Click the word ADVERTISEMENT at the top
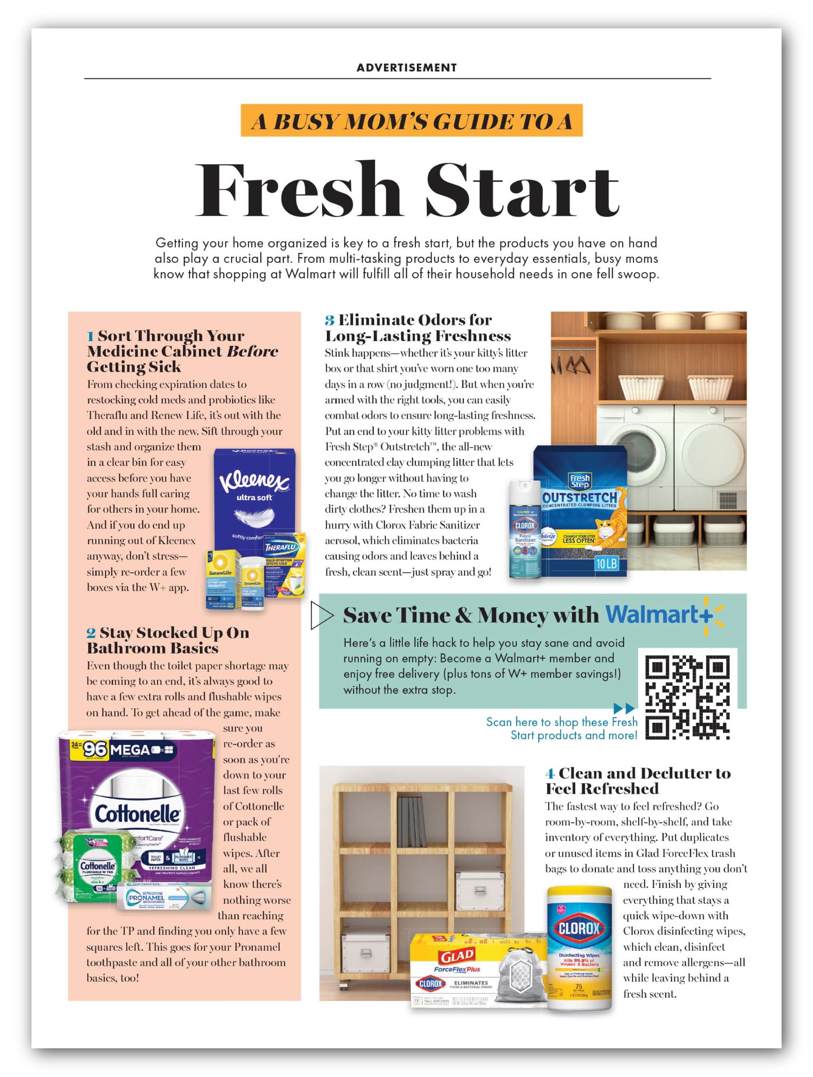(x=406, y=68)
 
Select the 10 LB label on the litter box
(x=606, y=563)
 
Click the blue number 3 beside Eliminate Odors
(x=329, y=321)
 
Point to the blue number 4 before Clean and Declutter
(x=550, y=774)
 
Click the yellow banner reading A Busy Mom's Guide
(x=411, y=121)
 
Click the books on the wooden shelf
(x=412, y=822)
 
